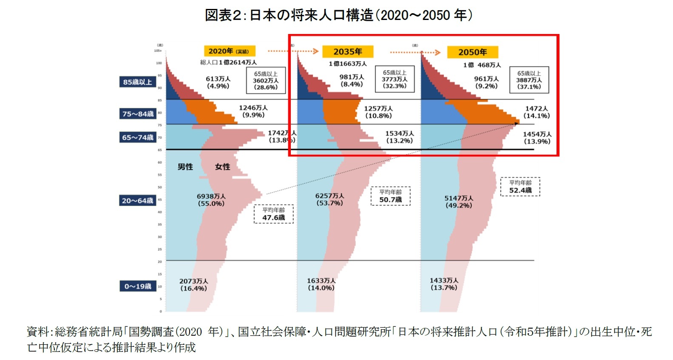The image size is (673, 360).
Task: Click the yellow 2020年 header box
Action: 229,51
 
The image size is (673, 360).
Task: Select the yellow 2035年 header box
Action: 347,51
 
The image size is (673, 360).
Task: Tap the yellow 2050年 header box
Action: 472,52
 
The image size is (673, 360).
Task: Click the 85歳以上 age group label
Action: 137,82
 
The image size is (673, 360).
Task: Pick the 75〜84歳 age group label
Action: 138,114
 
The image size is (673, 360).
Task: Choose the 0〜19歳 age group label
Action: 138,286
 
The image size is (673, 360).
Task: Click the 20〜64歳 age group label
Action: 137,200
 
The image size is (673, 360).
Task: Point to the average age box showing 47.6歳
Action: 273,214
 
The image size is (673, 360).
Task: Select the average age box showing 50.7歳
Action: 390,196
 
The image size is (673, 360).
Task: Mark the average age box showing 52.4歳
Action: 520,187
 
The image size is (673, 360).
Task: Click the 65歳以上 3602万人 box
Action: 266,80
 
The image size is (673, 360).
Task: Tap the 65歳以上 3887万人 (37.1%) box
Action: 529,80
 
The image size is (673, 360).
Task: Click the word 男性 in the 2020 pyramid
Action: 185,167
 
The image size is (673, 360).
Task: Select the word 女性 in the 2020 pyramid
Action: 222,167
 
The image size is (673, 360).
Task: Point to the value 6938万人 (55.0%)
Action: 211,200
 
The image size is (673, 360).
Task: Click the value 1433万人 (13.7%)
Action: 444,284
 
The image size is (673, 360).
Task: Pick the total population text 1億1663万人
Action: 347,64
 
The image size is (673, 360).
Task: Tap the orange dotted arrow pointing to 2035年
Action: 293,51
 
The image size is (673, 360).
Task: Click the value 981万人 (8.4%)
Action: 352,80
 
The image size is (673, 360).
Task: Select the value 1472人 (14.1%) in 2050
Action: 537,112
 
